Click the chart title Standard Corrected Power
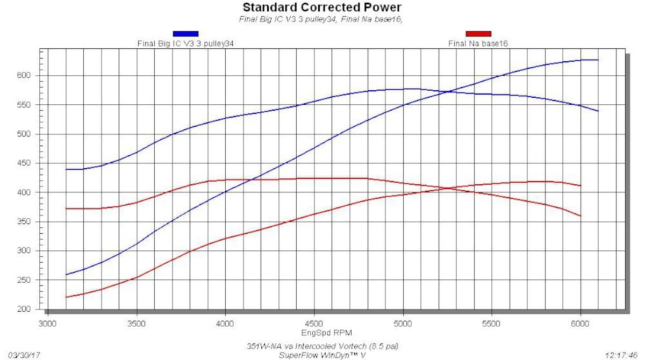pyautogui.click(x=322, y=8)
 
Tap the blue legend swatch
pyautogui.click(x=185, y=34)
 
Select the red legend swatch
pyautogui.click(x=478, y=34)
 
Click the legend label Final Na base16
pyautogui.click(x=478, y=43)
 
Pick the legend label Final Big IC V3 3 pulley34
pyautogui.click(x=186, y=43)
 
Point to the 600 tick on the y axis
pyautogui.click(x=28, y=76)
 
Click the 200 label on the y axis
pyautogui.click(x=28, y=309)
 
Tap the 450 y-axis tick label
pyautogui.click(x=28, y=163)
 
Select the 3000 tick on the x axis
pyautogui.click(x=48, y=324)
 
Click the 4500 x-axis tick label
pyautogui.click(x=314, y=324)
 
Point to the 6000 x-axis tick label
pyautogui.click(x=580, y=324)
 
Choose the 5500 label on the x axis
pyautogui.click(x=492, y=324)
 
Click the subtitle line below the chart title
pyautogui.click(x=321, y=19)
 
